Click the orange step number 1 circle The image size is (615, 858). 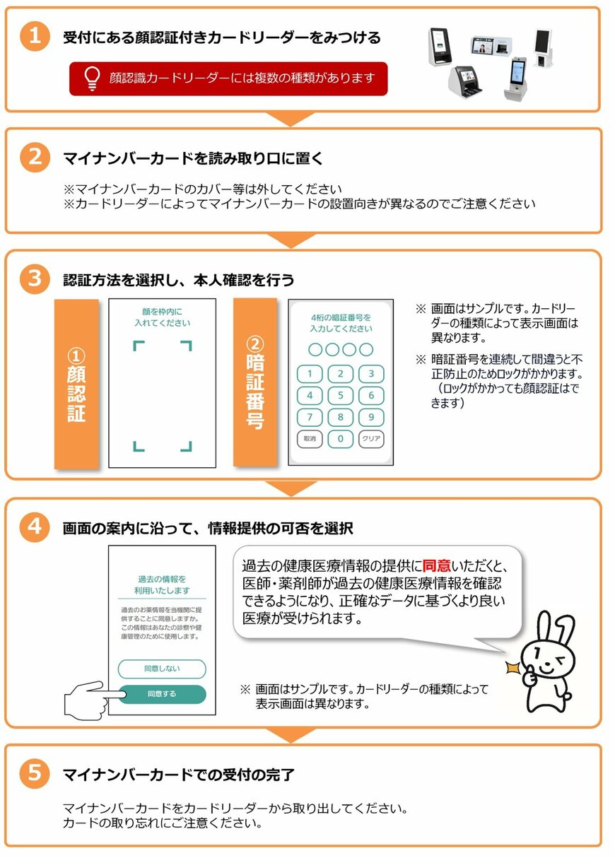pyautogui.click(x=33, y=36)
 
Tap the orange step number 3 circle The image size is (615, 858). pyautogui.click(x=33, y=279)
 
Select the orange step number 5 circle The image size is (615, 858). pyautogui.click(x=33, y=774)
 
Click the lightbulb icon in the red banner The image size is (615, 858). pyautogui.click(x=91, y=78)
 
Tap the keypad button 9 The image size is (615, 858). pyautogui.click(x=371, y=417)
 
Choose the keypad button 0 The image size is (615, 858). pyautogui.click(x=340, y=439)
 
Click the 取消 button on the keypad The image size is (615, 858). pyautogui.click(x=310, y=439)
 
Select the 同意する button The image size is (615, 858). pyautogui.click(x=162, y=694)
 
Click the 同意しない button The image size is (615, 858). pyautogui.click(x=162, y=669)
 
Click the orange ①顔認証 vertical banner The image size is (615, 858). pyautogui.click(x=76, y=384)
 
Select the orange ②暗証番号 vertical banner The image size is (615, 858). pyautogui.click(x=254, y=382)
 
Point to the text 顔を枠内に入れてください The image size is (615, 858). pyautogui.click(x=163, y=317)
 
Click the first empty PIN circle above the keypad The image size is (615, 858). pyautogui.click(x=315, y=349)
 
